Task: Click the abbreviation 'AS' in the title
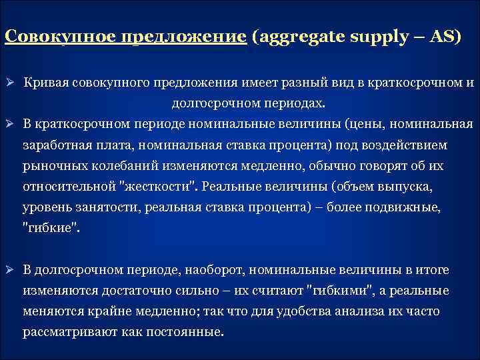[x=440, y=37]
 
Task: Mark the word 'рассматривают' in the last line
[x=66, y=332]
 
